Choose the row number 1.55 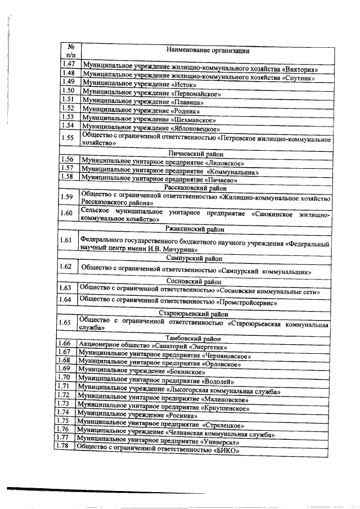pyautogui.click(x=68, y=137)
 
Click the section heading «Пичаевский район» pyautogui.click(x=196, y=154)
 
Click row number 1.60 pyautogui.click(x=66, y=214)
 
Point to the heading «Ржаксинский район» pyautogui.click(x=194, y=229)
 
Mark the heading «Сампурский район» pyautogui.click(x=193, y=258)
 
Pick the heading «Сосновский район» pyautogui.click(x=193, y=281)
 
